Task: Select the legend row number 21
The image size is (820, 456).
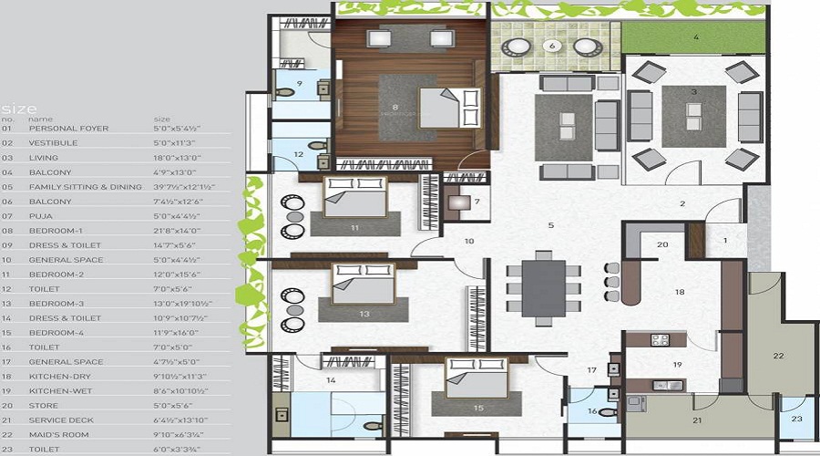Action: click(x=8, y=420)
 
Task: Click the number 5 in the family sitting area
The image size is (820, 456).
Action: click(x=550, y=224)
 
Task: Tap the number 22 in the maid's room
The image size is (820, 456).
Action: click(x=778, y=355)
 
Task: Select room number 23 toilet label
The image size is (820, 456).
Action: click(x=795, y=419)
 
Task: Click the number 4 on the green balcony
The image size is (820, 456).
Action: click(x=696, y=38)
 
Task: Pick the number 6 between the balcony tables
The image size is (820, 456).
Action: click(x=551, y=45)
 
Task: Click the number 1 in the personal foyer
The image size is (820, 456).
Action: click(x=726, y=240)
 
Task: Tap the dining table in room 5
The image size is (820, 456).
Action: click(x=544, y=288)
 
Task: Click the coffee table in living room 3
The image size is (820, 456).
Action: click(x=693, y=117)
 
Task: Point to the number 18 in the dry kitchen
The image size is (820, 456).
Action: click(x=679, y=292)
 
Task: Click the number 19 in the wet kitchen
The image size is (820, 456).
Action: click(x=677, y=365)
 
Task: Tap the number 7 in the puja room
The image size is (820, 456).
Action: click(x=477, y=201)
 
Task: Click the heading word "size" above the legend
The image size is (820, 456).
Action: click(x=19, y=107)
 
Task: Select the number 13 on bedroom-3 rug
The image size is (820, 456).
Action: click(x=364, y=314)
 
